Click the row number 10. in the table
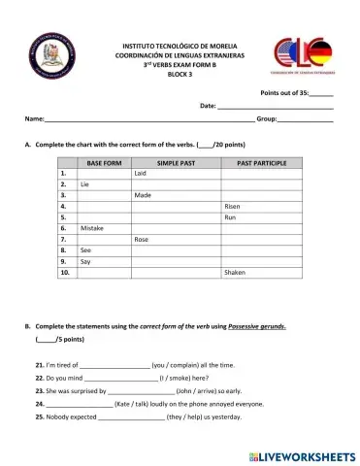coord(65,273)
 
